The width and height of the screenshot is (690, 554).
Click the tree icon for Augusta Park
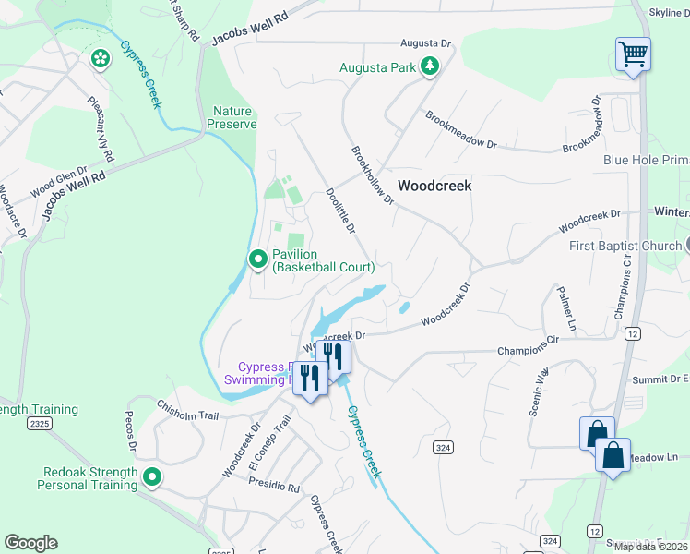click(x=428, y=66)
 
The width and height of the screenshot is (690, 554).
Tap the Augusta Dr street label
click(x=425, y=43)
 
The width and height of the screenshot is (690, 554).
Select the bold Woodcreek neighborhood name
click(x=434, y=186)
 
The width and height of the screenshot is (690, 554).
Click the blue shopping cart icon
click(x=633, y=54)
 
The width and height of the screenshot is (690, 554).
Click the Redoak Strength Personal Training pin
click(x=152, y=477)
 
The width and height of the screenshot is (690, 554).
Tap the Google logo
click(x=30, y=543)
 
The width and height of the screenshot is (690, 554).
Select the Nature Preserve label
click(x=231, y=117)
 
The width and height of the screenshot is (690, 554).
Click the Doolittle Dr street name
click(x=340, y=211)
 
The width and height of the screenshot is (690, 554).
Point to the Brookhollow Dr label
click(x=371, y=175)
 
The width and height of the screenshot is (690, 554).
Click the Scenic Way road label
click(x=539, y=394)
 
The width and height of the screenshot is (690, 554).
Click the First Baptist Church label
click(x=625, y=246)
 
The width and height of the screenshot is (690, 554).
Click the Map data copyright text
click(x=650, y=547)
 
